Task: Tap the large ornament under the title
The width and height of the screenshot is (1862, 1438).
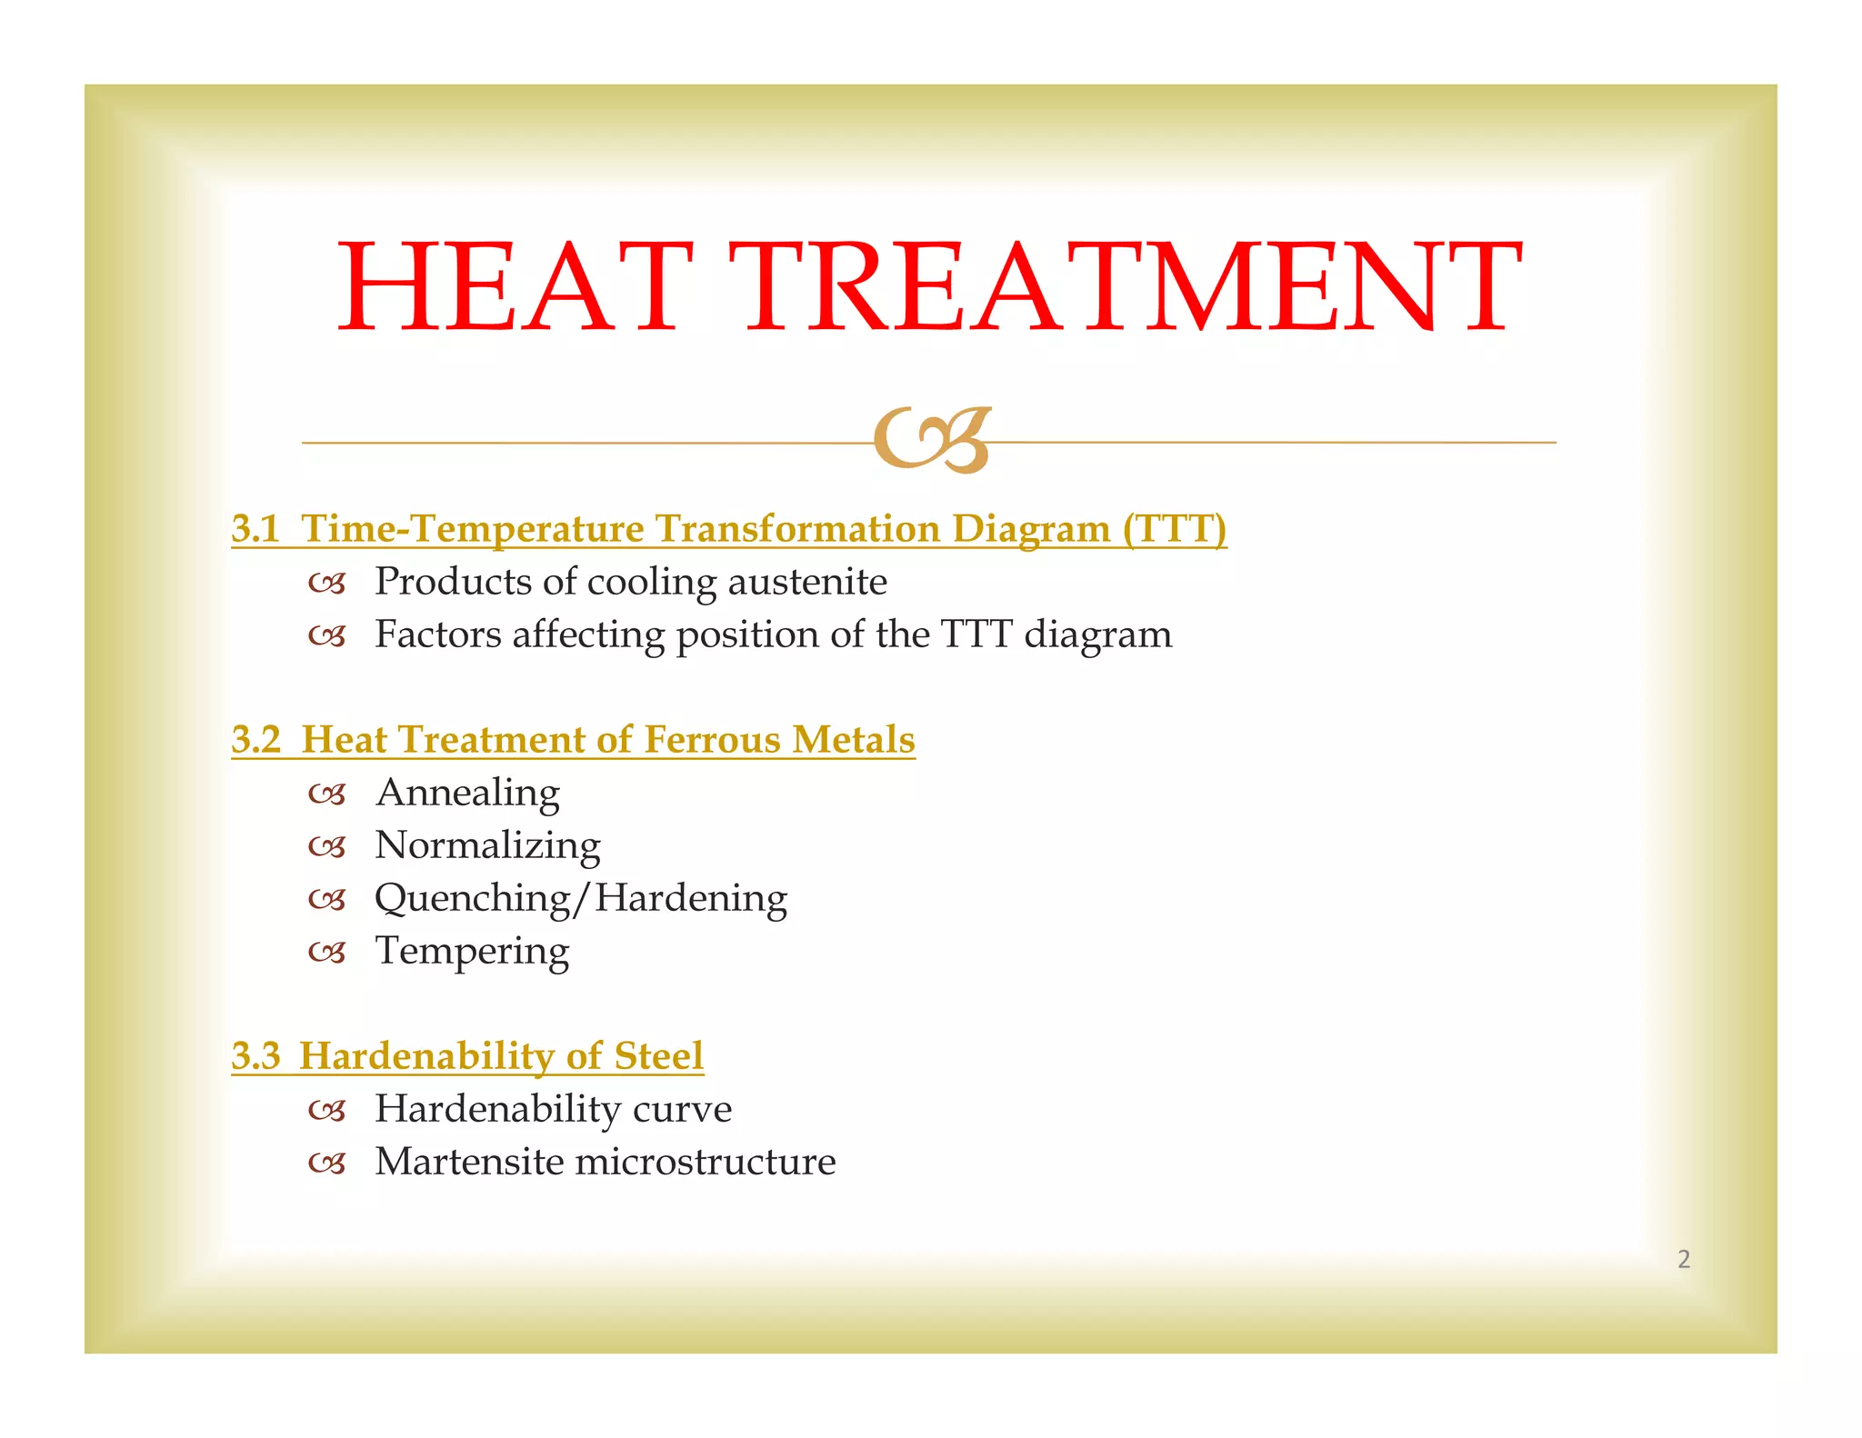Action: click(x=932, y=441)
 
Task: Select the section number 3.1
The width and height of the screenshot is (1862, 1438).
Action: click(x=255, y=529)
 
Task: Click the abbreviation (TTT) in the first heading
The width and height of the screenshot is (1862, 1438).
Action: click(x=1174, y=529)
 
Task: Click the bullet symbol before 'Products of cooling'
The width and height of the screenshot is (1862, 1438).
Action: click(x=326, y=584)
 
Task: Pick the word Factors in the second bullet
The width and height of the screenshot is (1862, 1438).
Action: click(x=437, y=634)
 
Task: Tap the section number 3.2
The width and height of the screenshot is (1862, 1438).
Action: click(x=255, y=740)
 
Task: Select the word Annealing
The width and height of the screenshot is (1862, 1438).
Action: click(x=467, y=794)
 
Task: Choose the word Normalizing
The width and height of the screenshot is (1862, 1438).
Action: click(x=487, y=845)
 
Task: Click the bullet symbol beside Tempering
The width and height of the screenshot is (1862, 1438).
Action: click(x=326, y=954)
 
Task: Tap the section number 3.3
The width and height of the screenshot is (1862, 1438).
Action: click(x=255, y=1056)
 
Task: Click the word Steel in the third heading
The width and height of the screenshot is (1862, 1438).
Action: click(x=658, y=1056)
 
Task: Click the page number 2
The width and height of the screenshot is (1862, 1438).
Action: click(x=1684, y=1259)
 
